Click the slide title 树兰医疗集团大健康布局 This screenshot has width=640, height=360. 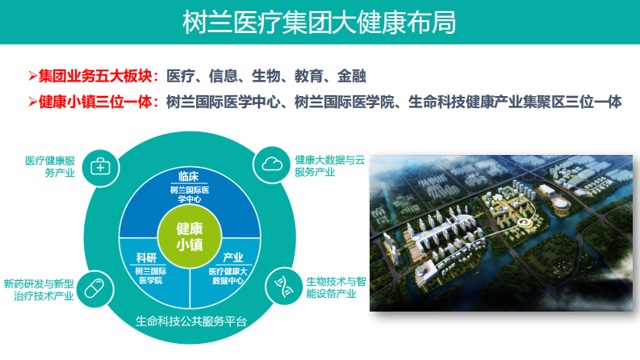pyautogui.click(x=319, y=22)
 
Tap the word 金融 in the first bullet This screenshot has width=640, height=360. pyautogui.click(x=353, y=77)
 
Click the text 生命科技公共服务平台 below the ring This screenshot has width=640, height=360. pyautogui.click(x=190, y=321)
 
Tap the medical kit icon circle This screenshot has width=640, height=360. pyautogui.click(x=101, y=166)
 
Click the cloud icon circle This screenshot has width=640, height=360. pyautogui.click(x=271, y=165)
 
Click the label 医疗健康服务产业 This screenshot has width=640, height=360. pyautogui.click(x=50, y=166)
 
